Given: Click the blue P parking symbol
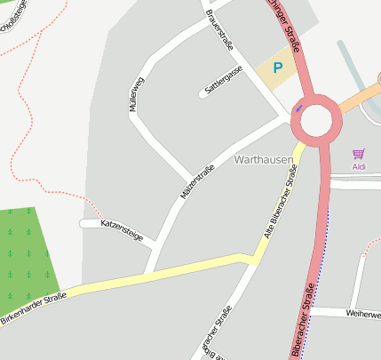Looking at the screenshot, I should tap(278, 67).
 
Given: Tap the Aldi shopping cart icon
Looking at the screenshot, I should tap(359, 154).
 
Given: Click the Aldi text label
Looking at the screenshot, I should tap(359, 166).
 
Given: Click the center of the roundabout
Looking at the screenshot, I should tap(316, 122).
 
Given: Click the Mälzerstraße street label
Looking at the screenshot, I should tap(197, 181).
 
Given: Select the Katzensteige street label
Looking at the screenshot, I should tap(122, 229).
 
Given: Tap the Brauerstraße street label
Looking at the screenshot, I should tap(218, 29).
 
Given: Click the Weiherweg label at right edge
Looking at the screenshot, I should tap(363, 314).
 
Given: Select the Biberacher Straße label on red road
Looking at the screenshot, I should tap(301, 320).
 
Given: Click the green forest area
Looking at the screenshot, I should tap(27, 253).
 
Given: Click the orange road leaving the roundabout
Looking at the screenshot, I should tap(361, 95).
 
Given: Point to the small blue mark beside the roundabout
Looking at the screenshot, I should tap(298, 108).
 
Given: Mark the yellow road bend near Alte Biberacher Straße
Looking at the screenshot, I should tap(255, 259).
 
